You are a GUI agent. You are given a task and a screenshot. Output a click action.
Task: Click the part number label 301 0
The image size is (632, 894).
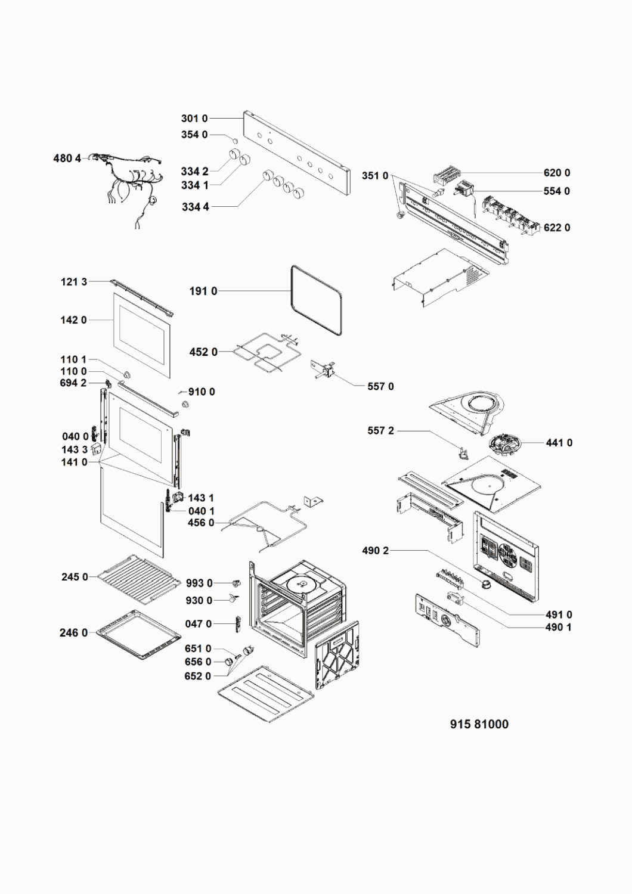194,119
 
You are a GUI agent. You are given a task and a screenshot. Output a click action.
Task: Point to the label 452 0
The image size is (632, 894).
203,352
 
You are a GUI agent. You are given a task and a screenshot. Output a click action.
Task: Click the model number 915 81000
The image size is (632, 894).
479,724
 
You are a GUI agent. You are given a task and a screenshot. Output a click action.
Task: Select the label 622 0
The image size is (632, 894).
556,228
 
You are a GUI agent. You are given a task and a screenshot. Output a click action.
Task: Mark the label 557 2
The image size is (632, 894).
380,431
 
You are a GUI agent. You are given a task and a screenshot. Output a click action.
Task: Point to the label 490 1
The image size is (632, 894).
558,627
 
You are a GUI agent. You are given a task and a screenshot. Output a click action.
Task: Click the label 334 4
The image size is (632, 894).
195,207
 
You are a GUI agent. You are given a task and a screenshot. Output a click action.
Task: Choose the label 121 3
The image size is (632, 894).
74,282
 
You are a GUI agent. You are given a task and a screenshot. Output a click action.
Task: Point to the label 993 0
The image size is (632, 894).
199,583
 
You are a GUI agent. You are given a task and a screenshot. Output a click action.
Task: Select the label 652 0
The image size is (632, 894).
198,676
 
